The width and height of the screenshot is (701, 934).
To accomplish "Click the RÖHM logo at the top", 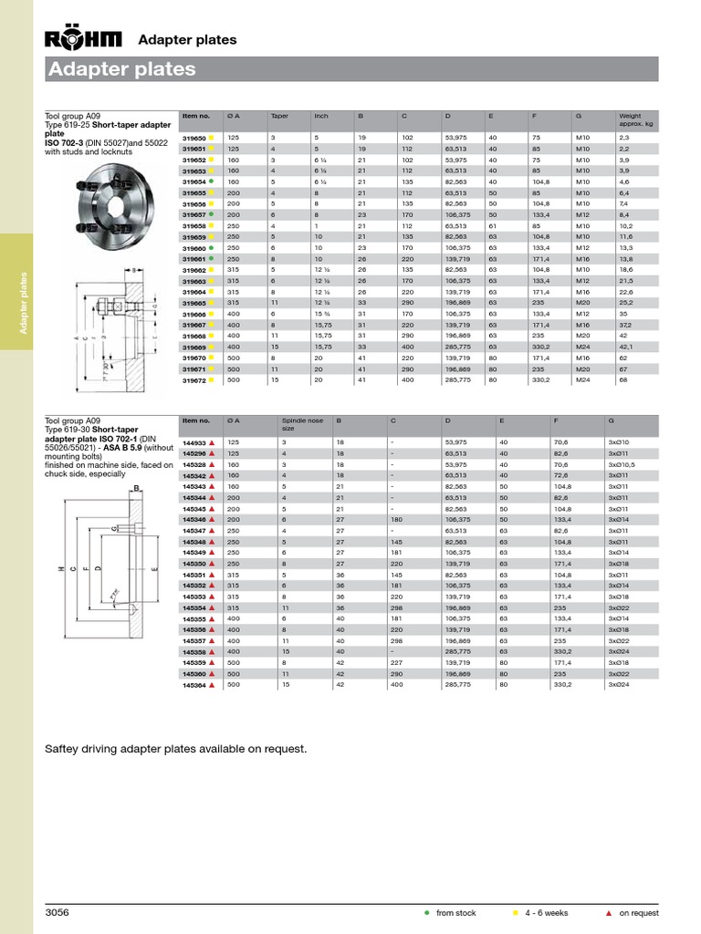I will [x=84, y=39].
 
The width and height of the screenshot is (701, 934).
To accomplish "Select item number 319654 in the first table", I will [x=195, y=181].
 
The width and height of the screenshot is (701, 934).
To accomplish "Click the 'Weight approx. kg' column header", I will [x=636, y=119].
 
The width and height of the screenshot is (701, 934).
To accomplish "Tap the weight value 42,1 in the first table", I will [x=625, y=348].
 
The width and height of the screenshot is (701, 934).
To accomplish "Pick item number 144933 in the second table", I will [x=195, y=441].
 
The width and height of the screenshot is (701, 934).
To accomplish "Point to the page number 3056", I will [x=58, y=912].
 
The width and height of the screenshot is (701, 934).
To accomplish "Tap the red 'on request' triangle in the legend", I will [x=609, y=913].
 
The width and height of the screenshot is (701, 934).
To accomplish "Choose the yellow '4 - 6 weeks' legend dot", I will [x=516, y=913].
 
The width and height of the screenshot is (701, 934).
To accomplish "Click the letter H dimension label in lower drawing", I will [x=61, y=569].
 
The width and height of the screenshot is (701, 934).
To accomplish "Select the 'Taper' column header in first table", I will [x=278, y=117].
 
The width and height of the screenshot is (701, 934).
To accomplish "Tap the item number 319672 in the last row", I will [x=195, y=380].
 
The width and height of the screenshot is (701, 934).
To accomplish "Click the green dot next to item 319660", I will [x=212, y=247].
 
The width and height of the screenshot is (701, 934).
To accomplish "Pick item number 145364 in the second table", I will [x=195, y=684].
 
